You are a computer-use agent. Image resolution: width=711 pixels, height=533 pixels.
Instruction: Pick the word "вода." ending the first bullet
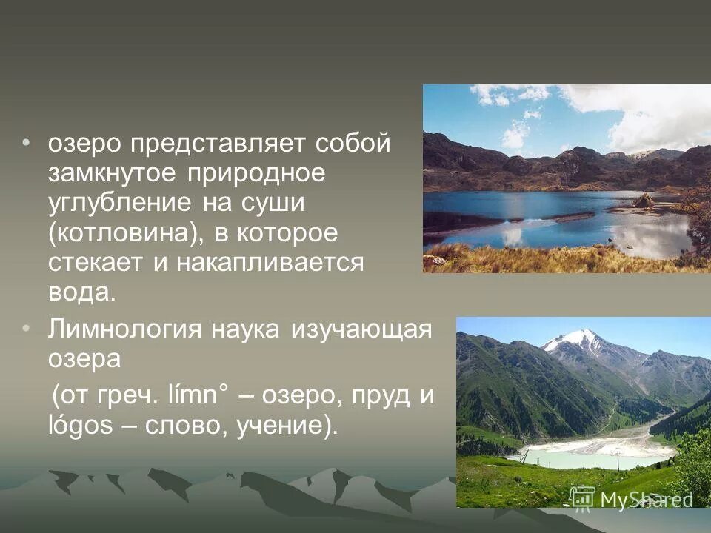pyautogui.click(x=82, y=292)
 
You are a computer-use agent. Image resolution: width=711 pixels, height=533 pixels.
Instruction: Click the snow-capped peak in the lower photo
pyautogui.click(x=575, y=338)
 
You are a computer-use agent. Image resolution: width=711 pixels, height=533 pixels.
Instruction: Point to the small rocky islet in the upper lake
pyautogui.click(x=644, y=201)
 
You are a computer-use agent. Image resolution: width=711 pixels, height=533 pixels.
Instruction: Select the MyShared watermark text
pyautogui.click(x=646, y=499)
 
